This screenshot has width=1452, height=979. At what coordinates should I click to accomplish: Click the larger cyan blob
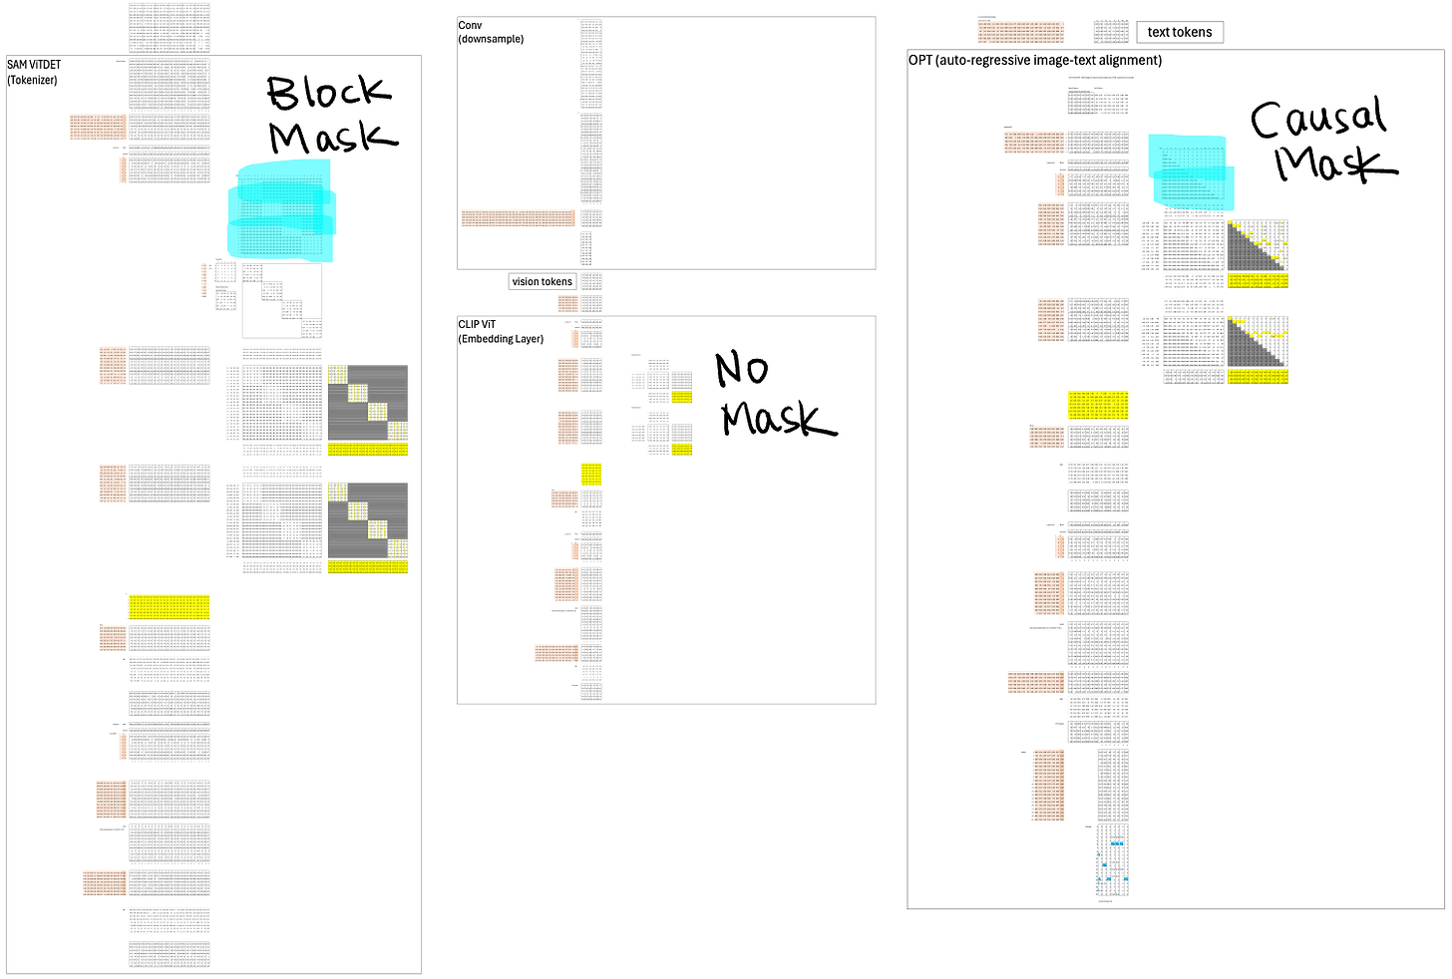[283, 211]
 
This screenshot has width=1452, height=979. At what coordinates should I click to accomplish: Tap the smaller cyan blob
[1190, 170]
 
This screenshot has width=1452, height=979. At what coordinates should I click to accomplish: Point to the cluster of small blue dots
[1112, 866]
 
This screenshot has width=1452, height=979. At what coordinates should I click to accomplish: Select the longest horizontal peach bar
[519, 217]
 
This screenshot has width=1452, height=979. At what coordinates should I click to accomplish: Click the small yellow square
[591, 474]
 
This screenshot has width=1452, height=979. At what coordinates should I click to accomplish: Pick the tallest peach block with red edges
[1048, 785]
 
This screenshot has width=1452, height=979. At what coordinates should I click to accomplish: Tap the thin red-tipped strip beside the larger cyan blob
[204, 280]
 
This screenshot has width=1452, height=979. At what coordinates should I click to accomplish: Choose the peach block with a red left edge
[1046, 438]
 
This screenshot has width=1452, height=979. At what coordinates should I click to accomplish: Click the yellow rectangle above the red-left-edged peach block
[1098, 406]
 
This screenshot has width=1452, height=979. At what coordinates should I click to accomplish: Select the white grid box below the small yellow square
[591, 517]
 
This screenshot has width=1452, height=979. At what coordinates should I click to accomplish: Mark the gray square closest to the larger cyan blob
[368, 402]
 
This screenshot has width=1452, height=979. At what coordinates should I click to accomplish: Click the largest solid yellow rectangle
[170, 607]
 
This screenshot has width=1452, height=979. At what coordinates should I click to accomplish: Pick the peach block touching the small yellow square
[564, 498]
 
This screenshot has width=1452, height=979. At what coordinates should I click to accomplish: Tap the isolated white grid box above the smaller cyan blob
[1112, 104]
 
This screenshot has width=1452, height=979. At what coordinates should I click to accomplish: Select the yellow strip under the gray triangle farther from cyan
[1259, 377]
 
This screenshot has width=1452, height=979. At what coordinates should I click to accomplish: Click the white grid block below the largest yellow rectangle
[170, 669]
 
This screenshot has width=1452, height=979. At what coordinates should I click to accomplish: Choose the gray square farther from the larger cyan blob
[368, 519]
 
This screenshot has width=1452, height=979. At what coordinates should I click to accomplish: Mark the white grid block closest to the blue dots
[1098, 707]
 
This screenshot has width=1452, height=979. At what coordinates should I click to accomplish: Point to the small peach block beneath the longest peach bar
[566, 303]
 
